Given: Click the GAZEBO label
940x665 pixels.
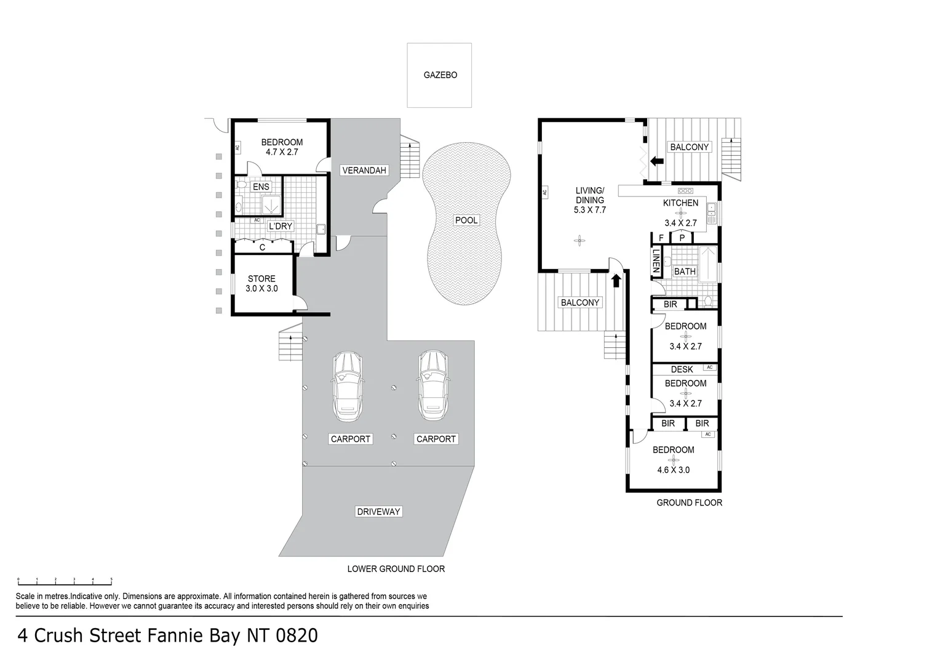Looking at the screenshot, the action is pyautogui.click(x=440, y=75).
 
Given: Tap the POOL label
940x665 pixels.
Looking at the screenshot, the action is pyautogui.click(x=466, y=220).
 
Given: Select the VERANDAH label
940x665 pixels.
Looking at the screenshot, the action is pyautogui.click(x=364, y=170).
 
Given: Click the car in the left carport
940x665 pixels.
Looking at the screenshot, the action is pyautogui.click(x=348, y=386).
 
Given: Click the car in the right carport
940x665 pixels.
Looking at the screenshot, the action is pyautogui.click(x=433, y=385).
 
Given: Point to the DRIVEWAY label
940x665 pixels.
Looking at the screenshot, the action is pyautogui.click(x=378, y=512).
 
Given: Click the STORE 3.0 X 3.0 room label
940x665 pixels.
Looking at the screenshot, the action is pyautogui.click(x=261, y=284).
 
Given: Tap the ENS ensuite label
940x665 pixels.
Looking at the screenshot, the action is pyautogui.click(x=261, y=187).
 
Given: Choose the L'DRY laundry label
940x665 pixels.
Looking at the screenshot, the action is pyautogui.click(x=281, y=226).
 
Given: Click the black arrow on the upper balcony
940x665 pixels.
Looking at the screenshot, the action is pyautogui.click(x=657, y=161).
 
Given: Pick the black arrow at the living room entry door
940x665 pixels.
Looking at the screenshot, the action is pyautogui.click(x=616, y=280).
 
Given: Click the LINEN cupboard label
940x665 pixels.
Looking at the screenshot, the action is pyautogui.click(x=656, y=261).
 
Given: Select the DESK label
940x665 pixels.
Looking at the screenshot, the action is pyautogui.click(x=682, y=369).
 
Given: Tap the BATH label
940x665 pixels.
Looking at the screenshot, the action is pyautogui.click(x=685, y=272).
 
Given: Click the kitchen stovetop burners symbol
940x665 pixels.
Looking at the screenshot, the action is pyautogui.click(x=685, y=191).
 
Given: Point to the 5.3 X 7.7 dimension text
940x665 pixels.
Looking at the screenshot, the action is pyautogui.click(x=589, y=209).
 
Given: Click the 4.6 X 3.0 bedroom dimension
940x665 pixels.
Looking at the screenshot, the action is pyautogui.click(x=673, y=470).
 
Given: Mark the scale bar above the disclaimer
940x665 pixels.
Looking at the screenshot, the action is pyautogui.click(x=65, y=582).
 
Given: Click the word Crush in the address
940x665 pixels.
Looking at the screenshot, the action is pyautogui.click(x=58, y=635).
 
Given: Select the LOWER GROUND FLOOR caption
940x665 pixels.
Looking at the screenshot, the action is pyautogui.click(x=396, y=569).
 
